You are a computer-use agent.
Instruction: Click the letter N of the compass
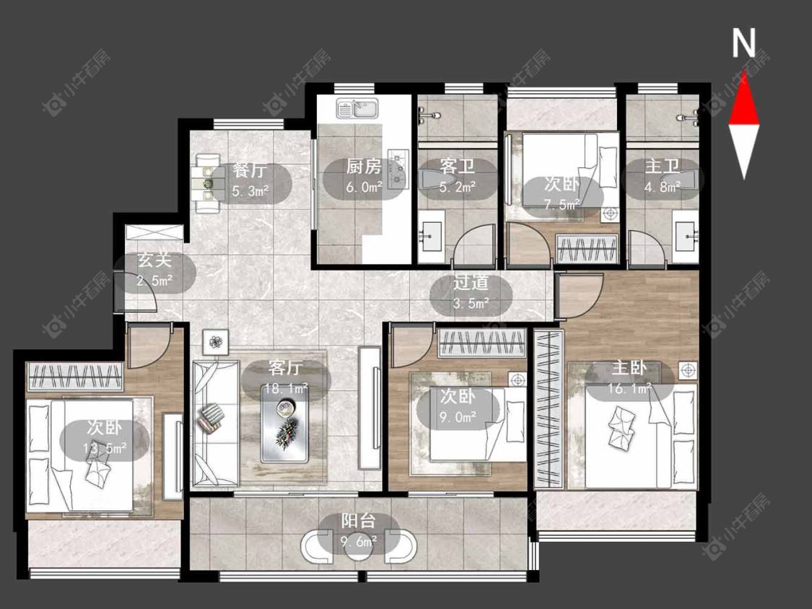[743, 43]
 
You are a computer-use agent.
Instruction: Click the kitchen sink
[358, 108]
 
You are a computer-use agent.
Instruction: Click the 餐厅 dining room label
[249, 170]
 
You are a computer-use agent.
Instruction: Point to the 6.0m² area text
[364, 187]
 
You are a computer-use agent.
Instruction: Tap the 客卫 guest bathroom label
[458, 167]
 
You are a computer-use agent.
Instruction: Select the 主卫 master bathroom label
[662, 167]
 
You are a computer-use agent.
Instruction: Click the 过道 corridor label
[471, 283]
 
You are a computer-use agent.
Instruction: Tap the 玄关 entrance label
[154, 260]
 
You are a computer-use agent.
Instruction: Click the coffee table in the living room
[285, 424]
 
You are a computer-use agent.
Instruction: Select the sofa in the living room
[215, 423]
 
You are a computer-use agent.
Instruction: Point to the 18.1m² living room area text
[286, 388]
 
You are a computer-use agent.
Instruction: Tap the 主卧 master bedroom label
[629, 368]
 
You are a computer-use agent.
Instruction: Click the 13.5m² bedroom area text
[105, 448]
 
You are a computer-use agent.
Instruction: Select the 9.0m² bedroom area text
[458, 416]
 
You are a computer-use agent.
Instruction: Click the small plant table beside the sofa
[215, 341]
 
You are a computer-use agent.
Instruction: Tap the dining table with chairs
[207, 183]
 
